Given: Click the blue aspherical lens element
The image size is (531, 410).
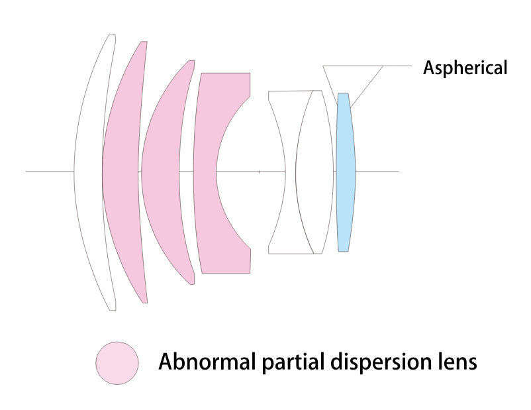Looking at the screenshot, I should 344,172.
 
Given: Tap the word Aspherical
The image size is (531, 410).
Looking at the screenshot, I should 465,68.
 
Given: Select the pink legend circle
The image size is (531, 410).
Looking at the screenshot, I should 117,362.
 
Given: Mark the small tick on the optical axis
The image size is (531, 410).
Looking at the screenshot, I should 260,172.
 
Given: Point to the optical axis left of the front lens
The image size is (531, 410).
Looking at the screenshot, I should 50,172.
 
